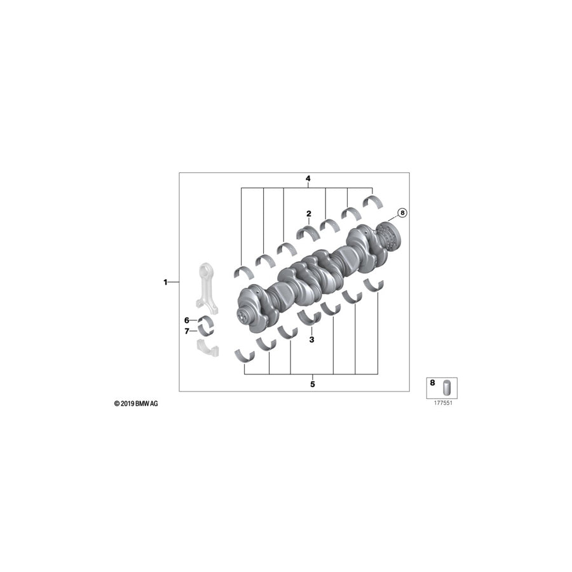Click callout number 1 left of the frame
pos(165,282)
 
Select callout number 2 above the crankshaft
pos(308,214)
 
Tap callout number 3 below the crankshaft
pos(311,340)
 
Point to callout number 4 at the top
pos(308,179)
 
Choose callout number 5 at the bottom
pos(312,384)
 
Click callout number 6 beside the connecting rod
pos(187,320)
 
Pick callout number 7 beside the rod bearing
pos(187,331)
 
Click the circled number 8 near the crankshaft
pos(401,213)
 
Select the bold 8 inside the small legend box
pos(433,384)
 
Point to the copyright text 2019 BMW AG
pos(136,404)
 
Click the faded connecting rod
pos(208,287)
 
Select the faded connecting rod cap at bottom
pos(207,347)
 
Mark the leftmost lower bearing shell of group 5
pos(244,354)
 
